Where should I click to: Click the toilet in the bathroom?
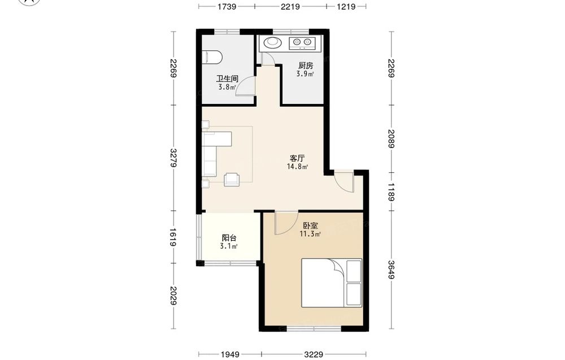(x=212, y=58)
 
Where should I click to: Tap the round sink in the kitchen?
(x=272, y=42)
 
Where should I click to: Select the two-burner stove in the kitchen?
(x=302, y=43)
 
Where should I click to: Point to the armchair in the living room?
(x=232, y=180)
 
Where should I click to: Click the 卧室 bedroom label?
(x=310, y=226)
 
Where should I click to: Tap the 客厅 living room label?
(x=298, y=158)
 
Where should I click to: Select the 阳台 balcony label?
(x=229, y=238)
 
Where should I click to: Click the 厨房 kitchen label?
(x=306, y=66)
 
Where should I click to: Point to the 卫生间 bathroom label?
(x=227, y=79)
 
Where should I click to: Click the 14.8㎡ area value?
(x=298, y=167)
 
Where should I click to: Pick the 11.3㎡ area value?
(x=310, y=234)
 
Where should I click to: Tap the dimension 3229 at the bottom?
(x=314, y=354)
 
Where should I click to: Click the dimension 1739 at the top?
(x=227, y=6)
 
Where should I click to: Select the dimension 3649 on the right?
(x=392, y=269)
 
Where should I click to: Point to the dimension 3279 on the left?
(x=173, y=158)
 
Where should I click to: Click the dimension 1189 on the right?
(x=392, y=192)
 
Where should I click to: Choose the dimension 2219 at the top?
(x=290, y=6)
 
